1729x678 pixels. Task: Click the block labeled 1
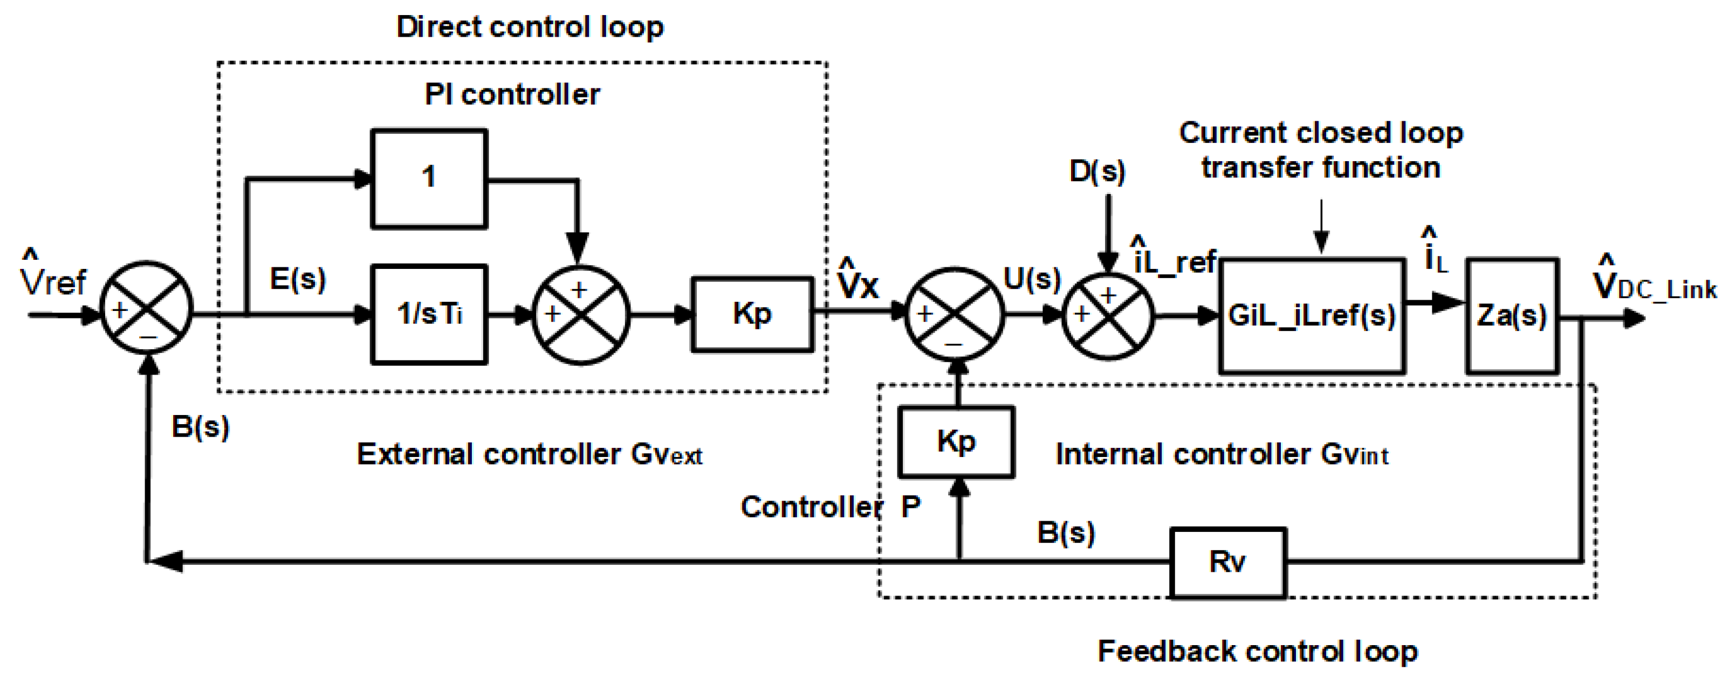(429, 178)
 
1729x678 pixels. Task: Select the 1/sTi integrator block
(429, 314)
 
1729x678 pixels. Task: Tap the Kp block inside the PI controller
(752, 314)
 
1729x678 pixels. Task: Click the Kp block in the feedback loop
(956, 442)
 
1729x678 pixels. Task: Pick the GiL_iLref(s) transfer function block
(1312, 315)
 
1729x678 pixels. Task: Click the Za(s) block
(1511, 315)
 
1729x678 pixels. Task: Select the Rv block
(1227, 562)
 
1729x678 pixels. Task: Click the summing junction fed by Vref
(146, 308)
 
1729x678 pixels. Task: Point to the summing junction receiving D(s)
(1108, 314)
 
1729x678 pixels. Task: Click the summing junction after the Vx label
(955, 314)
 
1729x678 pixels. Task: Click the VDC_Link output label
(1655, 285)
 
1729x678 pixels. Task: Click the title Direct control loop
(530, 27)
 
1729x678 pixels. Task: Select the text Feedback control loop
(1257, 651)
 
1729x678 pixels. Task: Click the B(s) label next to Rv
(1066, 532)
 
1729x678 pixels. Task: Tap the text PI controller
(512, 94)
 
